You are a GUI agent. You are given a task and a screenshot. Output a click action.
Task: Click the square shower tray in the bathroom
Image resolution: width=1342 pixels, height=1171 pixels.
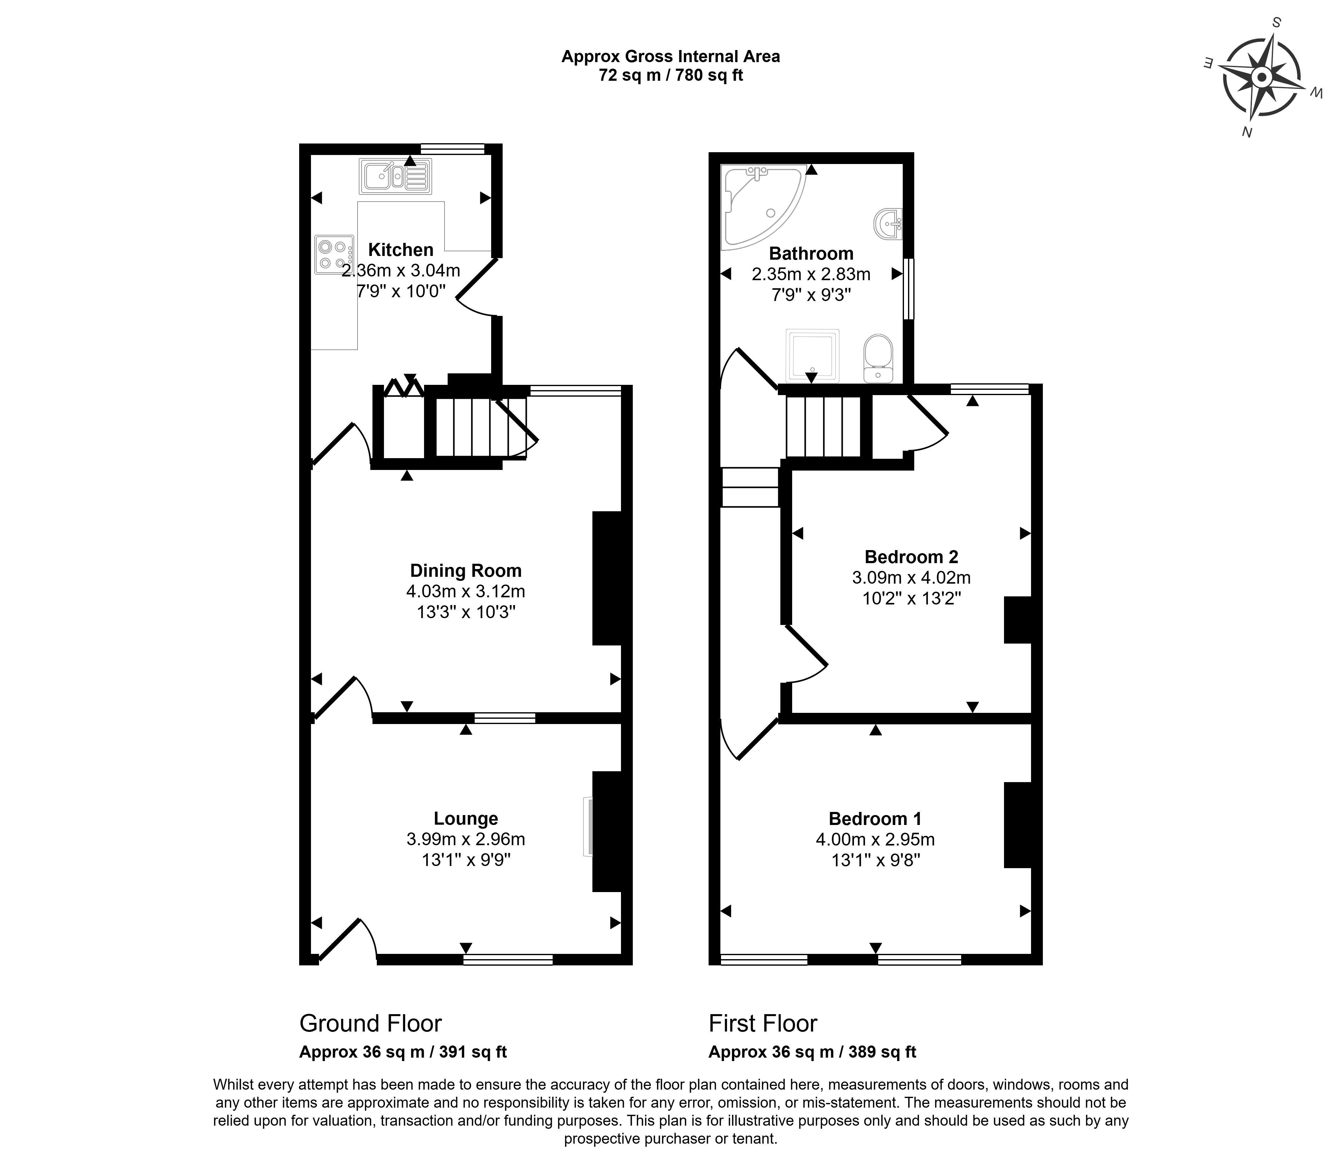pyautogui.click(x=812, y=355)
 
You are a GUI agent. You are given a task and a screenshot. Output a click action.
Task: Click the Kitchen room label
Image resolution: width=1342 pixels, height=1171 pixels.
pyautogui.click(x=400, y=250)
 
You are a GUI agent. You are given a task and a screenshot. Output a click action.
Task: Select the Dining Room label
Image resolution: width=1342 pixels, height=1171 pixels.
pyautogui.click(x=465, y=571)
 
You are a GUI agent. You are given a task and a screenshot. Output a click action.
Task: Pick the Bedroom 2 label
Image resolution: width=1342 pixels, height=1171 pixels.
pyautogui.click(x=911, y=557)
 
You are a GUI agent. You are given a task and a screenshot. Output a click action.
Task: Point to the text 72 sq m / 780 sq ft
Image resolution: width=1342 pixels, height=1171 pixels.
pyautogui.click(x=670, y=75)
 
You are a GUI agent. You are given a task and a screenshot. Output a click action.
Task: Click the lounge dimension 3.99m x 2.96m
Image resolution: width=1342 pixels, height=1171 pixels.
pyautogui.click(x=465, y=839)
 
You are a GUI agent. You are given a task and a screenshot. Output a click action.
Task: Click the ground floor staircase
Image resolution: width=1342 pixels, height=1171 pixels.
pyautogui.click(x=480, y=428)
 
